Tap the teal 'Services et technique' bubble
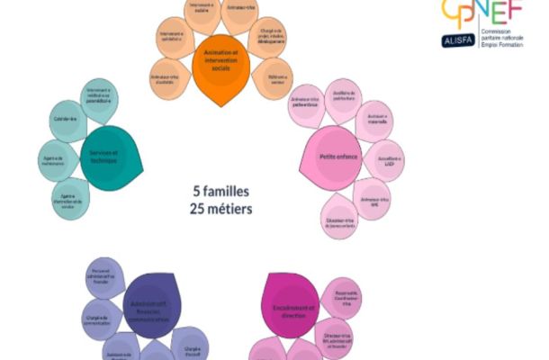111,156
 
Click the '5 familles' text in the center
221,192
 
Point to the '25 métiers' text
221,209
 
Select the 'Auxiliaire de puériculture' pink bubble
344,96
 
